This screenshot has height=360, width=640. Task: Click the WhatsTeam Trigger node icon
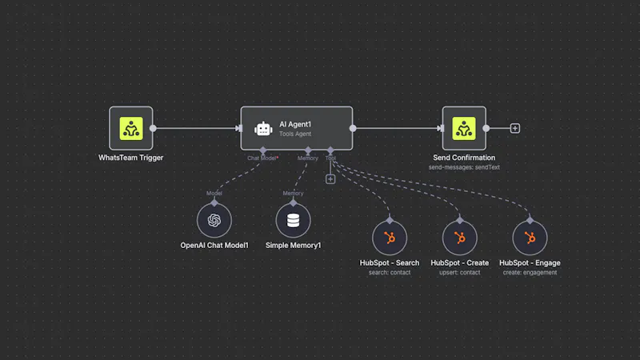(x=131, y=128)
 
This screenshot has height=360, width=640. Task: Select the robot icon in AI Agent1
(x=263, y=129)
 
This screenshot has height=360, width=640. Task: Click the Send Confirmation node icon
(x=464, y=128)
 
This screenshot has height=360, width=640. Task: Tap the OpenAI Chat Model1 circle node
(x=214, y=221)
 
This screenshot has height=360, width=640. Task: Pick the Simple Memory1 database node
(x=293, y=221)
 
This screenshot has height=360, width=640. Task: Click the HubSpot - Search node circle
(x=390, y=238)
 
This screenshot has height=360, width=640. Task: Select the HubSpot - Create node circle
(x=459, y=238)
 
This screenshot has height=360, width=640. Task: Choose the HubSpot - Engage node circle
(x=530, y=238)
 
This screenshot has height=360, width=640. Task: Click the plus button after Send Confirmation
(x=515, y=128)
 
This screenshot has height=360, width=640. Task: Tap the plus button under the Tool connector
(x=330, y=179)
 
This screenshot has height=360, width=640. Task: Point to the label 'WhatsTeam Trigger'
(x=130, y=158)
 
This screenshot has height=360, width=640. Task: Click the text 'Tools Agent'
(x=295, y=134)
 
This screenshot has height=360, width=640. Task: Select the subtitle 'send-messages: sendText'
(x=464, y=167)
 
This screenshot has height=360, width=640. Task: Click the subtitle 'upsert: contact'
(x=459, y=273)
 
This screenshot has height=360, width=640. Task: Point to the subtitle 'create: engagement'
(x=530, y=273)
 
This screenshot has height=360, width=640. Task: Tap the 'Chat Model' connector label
(x=262, y=158)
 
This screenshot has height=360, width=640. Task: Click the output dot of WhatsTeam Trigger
(x=153, y=128)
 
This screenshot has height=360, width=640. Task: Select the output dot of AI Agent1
(x=353, y=128)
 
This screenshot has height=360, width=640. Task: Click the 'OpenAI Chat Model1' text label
(x=214, y=246)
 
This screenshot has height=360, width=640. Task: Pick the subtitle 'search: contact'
(x=390, y=273)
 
